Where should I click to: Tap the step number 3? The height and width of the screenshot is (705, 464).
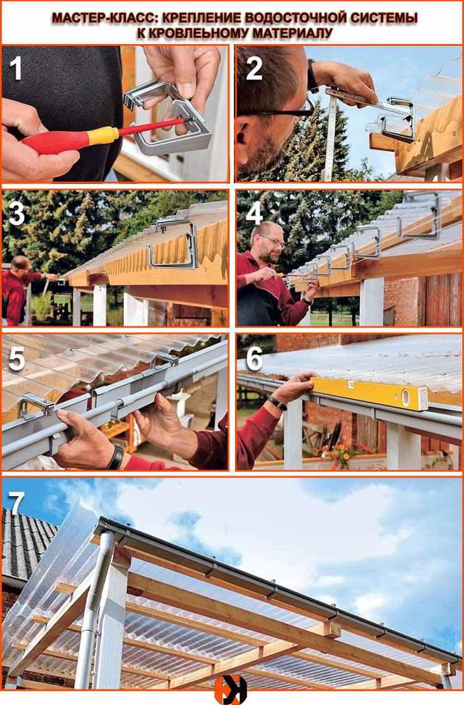[x=16, y=214]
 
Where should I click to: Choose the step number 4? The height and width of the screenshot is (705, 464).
[x=254, y=214]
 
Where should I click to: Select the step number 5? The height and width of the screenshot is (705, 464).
[x=16, y=360]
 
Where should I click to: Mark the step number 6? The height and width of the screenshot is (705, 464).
[x=254, y=359]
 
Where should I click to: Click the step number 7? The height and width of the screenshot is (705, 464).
[x=16, y=504]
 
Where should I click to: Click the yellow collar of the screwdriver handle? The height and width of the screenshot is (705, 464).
[x=103, y=135]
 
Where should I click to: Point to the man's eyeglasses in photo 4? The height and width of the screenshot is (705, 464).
[x=273, y=242]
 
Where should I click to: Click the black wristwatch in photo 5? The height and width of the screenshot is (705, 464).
[x=115, y=457]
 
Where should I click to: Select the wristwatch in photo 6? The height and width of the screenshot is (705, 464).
[x=277, y=402]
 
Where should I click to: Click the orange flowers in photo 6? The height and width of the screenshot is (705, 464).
[x=340, y=452]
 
